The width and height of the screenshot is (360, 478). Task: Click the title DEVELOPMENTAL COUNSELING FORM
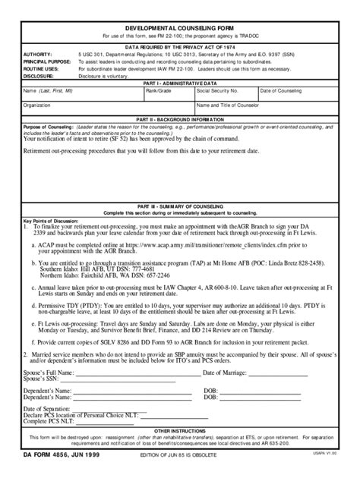(179, 25)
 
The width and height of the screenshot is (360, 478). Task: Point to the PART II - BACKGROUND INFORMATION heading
(179, 120)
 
